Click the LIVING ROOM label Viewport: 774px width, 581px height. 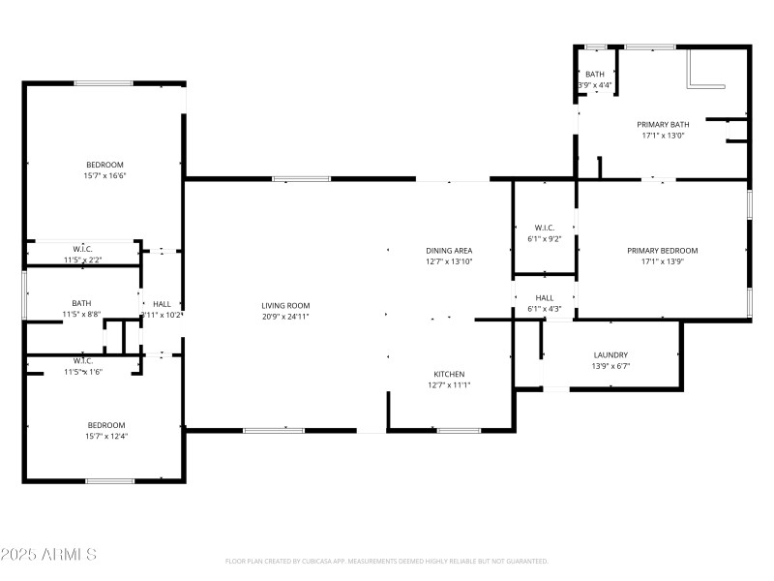pos(285,305)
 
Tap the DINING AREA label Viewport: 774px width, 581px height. pos(449,250)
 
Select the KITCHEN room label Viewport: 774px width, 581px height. pos(449,374)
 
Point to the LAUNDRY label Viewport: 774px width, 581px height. pos(610,354)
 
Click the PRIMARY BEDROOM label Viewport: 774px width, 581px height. pos(662,250)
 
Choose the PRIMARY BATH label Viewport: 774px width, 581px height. pos(663,124)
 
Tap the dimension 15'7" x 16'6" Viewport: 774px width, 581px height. pos(105,175)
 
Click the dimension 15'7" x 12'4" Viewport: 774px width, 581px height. pos(105,436)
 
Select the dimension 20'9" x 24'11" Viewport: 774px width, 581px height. pos(285,317)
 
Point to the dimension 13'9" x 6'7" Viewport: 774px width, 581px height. pos(610,366)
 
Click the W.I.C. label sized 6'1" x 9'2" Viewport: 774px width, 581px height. pos(545,228)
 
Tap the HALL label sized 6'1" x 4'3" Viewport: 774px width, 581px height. pos(545,297)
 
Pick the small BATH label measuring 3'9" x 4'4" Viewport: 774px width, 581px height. pos(595,74)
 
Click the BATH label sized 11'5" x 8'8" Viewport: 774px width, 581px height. pos(81,303)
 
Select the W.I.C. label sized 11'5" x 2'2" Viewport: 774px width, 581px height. pos(81,248)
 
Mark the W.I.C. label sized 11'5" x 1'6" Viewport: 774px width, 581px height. pos(81,360)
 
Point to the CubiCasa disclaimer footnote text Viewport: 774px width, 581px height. pos(387,561)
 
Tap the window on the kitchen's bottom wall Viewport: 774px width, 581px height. pos(459,430)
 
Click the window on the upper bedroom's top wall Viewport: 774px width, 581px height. pos(104,83)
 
